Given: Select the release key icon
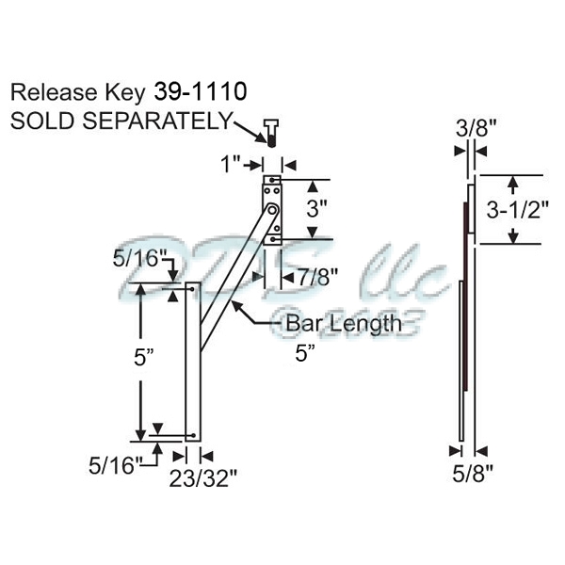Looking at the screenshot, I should pyautogui.click(x=270, y=134).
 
